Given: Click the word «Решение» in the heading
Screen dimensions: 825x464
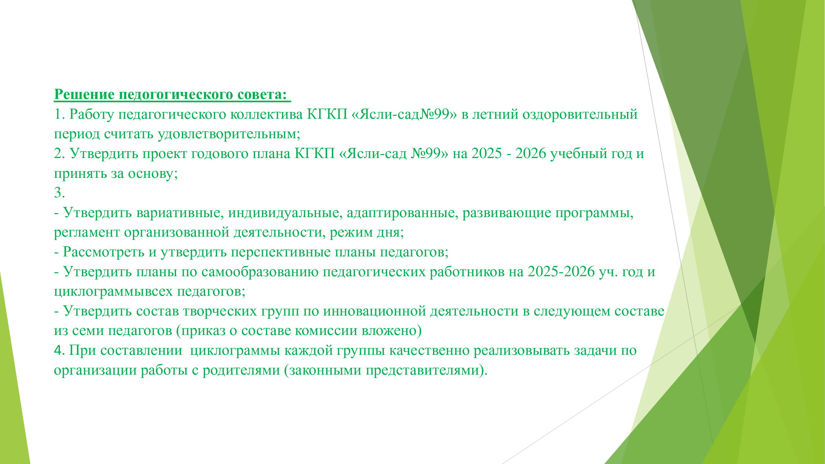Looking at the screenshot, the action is [84, 94].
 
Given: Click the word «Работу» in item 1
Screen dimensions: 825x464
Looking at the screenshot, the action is [91, 115].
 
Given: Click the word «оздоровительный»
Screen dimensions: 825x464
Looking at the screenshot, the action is [580, 115].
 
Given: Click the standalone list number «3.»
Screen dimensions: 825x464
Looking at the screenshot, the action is [60, 192].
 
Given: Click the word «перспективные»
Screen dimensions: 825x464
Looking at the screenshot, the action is [281, 252].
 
